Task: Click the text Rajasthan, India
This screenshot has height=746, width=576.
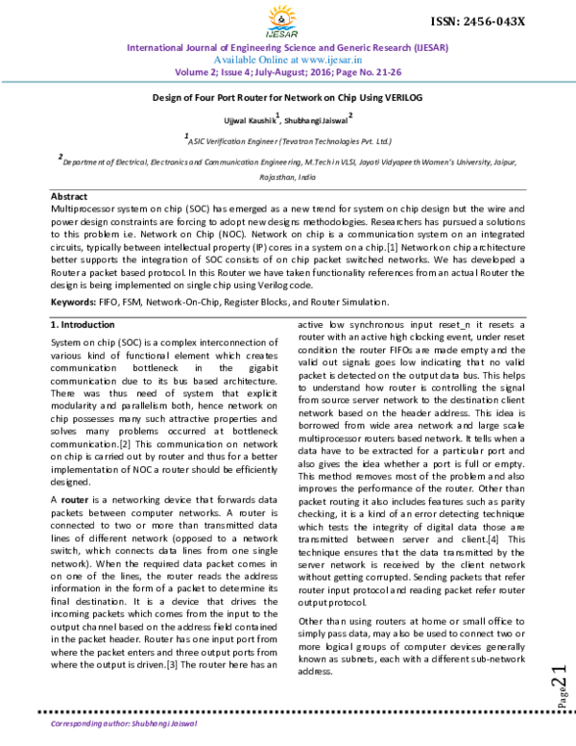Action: click(x=287, y=178)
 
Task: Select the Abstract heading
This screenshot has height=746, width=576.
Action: click(x=68, y=196)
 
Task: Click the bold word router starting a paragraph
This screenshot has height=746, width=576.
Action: click(x=75, y=500)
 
